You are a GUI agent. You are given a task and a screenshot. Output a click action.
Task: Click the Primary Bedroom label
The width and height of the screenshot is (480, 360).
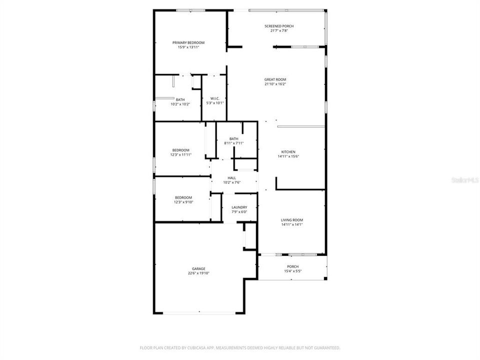(188, 42)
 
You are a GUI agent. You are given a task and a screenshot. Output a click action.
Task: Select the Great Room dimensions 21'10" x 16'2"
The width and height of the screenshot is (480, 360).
(275, 84)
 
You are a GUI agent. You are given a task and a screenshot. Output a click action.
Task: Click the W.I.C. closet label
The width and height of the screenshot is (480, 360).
(215, 98)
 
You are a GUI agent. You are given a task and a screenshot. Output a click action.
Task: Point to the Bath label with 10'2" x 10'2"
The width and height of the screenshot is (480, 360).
(180, 99)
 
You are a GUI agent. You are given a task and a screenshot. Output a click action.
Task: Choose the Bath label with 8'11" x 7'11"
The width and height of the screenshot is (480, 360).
(233, 138)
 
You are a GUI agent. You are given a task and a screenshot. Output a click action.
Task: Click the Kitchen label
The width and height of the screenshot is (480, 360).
(288, 151)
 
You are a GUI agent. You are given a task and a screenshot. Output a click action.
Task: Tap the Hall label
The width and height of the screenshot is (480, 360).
(231, 177)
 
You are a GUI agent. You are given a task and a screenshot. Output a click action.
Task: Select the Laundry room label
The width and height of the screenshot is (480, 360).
(239, 207)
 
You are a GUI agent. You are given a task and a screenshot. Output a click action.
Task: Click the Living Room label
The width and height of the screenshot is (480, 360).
(291, 220)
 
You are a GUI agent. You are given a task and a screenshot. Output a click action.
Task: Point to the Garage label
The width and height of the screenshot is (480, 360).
(198, 268)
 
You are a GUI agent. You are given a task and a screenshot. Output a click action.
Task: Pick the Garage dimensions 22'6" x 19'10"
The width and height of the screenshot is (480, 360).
(198, 273)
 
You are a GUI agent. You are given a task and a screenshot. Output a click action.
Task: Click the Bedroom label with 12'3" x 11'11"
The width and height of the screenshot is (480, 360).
(180, 150)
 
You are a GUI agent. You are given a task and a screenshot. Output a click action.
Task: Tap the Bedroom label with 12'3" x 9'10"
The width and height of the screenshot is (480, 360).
(183, 197)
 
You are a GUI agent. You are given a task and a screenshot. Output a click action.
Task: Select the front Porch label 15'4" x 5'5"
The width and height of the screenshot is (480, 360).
(292, 266)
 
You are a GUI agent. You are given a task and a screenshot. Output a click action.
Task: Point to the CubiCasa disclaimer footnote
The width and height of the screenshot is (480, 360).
(240, 347)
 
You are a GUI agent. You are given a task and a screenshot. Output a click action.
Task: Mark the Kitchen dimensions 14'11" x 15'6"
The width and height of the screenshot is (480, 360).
(288, 156)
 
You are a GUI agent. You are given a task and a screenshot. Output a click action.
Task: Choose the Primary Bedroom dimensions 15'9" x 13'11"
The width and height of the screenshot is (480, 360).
(188, 47)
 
